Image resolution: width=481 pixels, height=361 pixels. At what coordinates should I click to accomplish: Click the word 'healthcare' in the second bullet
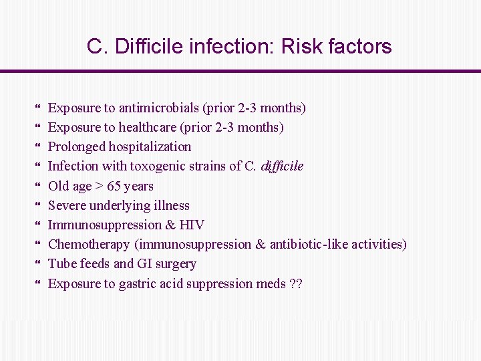tap(149, 127)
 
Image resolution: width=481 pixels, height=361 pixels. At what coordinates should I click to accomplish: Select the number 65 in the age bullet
tap(114, 186)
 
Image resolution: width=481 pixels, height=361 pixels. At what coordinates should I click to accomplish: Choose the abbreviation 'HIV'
tap(192, 225)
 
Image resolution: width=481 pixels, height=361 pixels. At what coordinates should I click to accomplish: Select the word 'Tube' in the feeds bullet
tap(61, 263)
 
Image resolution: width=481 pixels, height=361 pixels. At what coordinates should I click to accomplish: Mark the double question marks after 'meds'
tap(295, 283)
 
